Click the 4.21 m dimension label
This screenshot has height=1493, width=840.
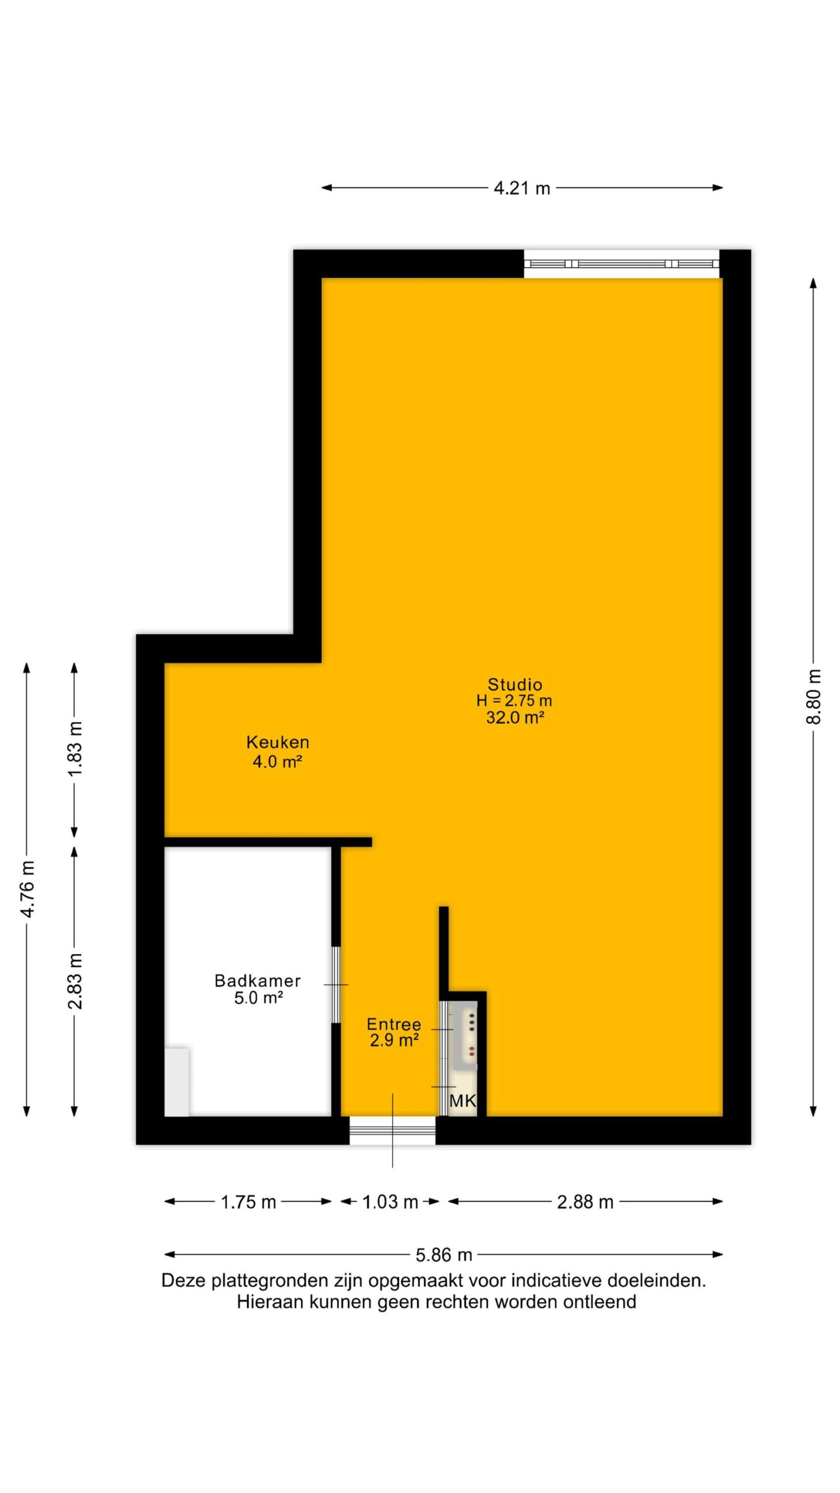coord(521,188)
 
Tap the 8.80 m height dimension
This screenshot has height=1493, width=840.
coord(813,697)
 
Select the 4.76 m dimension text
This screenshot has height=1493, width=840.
coord(27,888)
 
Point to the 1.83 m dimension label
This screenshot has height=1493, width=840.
coord(75,748)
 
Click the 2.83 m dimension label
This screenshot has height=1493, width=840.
coord(75,980)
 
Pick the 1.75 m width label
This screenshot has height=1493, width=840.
coord(248,1202)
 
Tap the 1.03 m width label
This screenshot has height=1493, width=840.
coord(390,1202)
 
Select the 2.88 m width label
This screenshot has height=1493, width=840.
coord(585,1202)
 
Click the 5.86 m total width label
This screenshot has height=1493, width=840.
coord(444,1254)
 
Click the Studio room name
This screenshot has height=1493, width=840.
coord(514,684)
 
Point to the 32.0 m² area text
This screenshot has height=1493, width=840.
coord(515,717)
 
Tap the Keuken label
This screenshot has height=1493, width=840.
coord(278,742)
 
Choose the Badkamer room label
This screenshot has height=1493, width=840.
coord(258,980)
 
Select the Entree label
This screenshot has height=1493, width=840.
coord(394,1024)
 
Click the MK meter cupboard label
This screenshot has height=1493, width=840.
coord(463,1101)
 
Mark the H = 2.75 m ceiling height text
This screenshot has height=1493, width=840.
coord(514,701)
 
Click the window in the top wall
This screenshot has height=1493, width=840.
coord(621,264)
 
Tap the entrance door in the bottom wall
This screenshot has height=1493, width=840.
coord(393,1130)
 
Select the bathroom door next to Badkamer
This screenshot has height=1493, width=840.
coord(336,985)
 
